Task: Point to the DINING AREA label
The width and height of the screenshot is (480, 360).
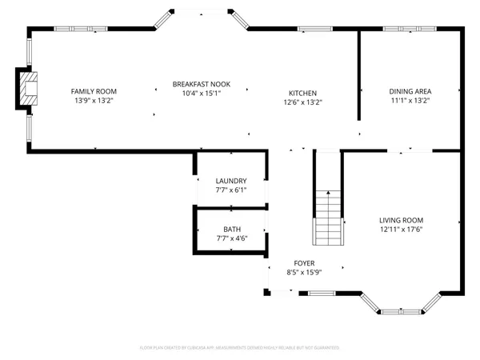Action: pos(410,91)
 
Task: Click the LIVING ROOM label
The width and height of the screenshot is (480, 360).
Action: pos(401,220)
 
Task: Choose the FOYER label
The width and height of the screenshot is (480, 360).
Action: pos(304,263)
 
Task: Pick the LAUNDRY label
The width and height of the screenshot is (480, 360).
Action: pos(231,181)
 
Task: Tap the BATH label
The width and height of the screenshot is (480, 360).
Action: pos(231,230)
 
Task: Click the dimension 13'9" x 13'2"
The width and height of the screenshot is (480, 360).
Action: pos(94,102)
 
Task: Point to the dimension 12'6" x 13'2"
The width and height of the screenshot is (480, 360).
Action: pos(303,102)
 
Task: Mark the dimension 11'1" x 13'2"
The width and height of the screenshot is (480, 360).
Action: pos(410,101)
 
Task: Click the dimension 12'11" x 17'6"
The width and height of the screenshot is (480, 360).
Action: pos(401,230)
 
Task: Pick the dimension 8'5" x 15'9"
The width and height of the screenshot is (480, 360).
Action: pos(304,273)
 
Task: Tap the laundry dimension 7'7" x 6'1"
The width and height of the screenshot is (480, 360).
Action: pos(231,190)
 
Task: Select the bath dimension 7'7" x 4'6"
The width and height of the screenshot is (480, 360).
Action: pos(231,238)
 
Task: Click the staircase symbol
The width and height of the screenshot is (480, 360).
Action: pos(328,217)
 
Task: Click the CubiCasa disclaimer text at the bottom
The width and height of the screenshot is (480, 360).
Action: pos(240,348)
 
